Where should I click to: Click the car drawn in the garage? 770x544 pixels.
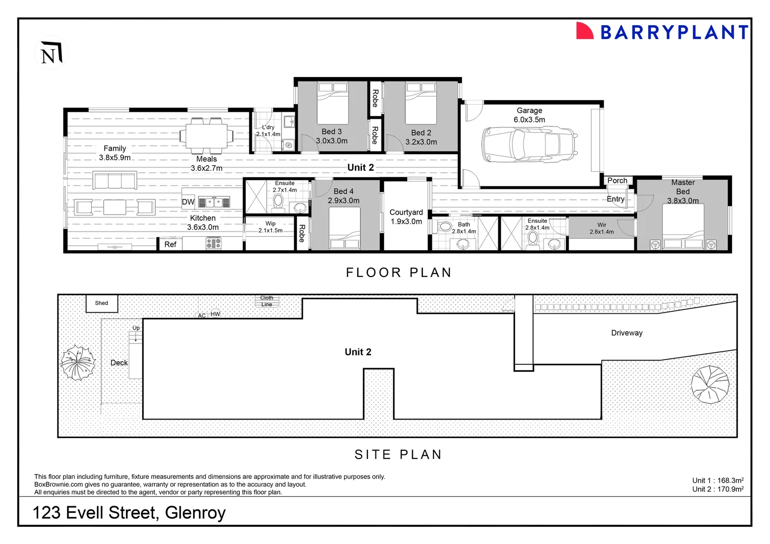click(x=529, y=145)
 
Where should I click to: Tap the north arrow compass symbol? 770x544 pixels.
click(x=51, y=52)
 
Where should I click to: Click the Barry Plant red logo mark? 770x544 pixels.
click(x=585, y=31)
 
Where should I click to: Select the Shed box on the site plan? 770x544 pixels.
click(x=102, y=303)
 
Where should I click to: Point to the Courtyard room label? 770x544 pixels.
click(x=406, y=213)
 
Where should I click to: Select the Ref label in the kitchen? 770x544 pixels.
click(x=170, y=244)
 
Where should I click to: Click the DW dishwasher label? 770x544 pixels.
click(x=188, y=202)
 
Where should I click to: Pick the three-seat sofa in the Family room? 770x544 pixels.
click(x=115, y=180)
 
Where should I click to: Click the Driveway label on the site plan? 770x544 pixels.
click(x=626, y=333)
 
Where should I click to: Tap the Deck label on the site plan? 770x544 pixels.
click(x=119, y=363)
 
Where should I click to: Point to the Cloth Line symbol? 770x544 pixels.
click(x=267, y=301)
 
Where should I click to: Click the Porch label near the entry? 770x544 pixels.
click(x=617, y=180)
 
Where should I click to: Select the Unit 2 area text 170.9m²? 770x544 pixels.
click(x=718, y=489)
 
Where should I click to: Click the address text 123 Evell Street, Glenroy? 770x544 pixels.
click(x=129, y=513)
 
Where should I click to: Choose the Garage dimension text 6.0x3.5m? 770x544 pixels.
click(x=529, y=120)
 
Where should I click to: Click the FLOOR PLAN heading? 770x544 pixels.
click(x=399, y=273)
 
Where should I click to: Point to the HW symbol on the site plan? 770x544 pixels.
click(x=215, y=314)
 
